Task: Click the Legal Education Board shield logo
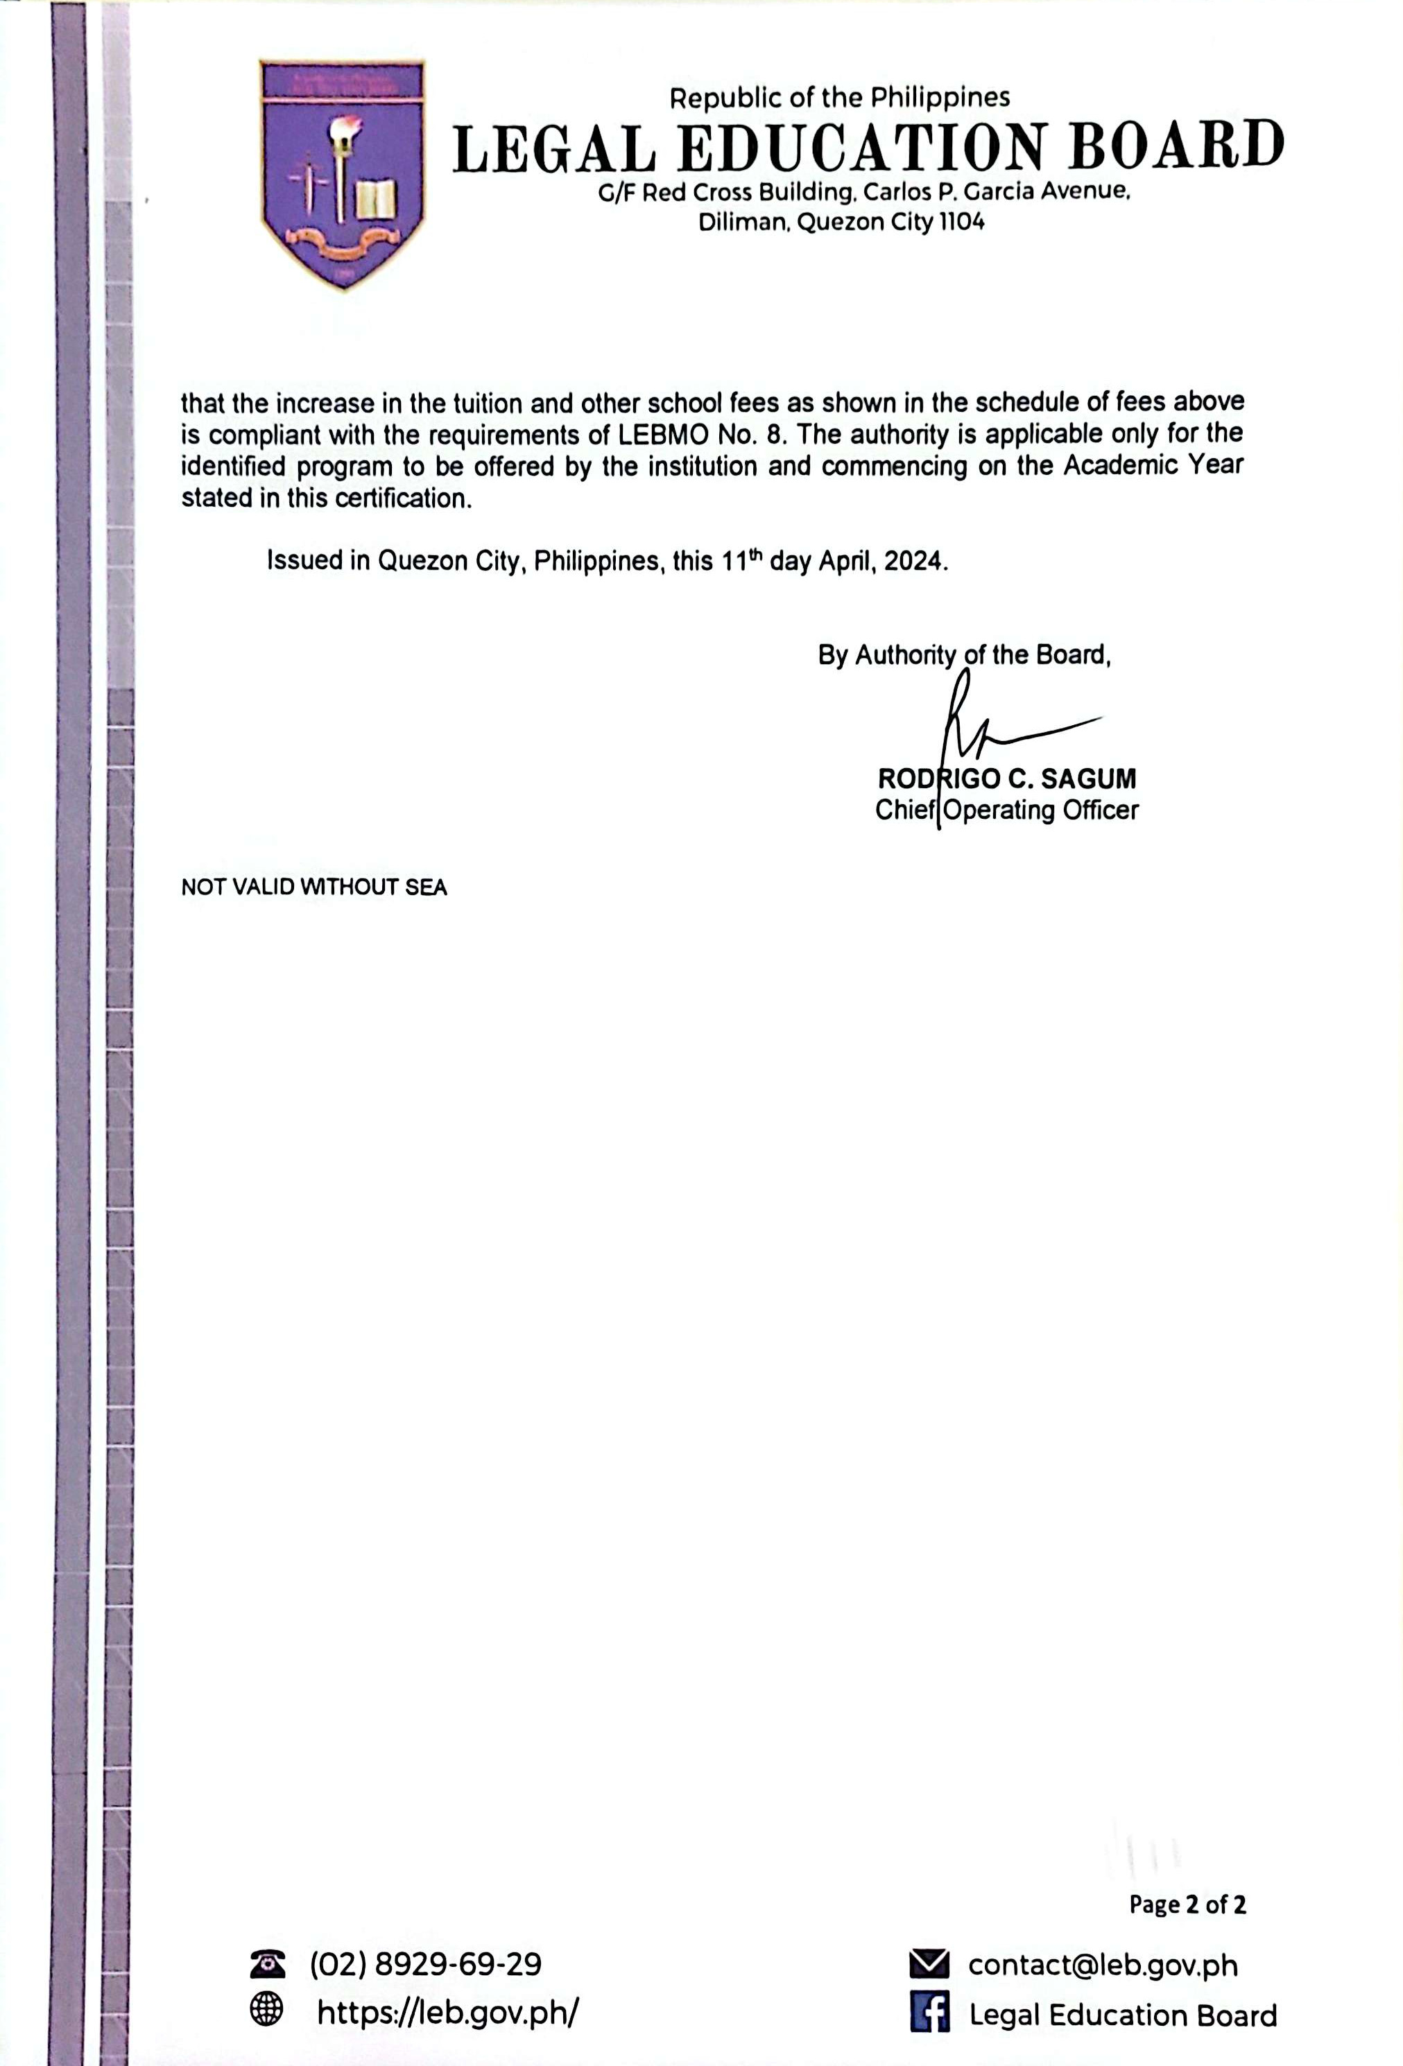[x=343, y=173]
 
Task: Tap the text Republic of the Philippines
[x=839, y=97]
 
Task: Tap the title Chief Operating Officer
[x=1006, y=810]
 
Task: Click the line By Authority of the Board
[x=964, y=655]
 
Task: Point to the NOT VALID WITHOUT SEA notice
[x=314, y=887]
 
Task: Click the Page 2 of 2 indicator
[x=1187, y=1904]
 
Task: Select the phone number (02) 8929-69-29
[x=425, y=1964]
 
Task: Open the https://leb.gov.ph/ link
[x=447, y=2012]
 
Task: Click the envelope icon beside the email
[x=929, y=1964]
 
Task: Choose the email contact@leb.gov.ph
[x=1103, y=1965]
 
